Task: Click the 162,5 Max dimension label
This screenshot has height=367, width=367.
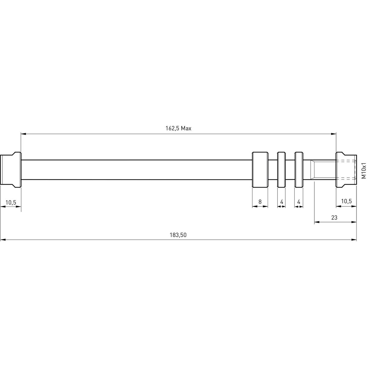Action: [178, 128]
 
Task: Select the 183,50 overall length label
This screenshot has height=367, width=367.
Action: [178, 235]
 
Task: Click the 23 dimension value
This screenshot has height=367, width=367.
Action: [334, 217]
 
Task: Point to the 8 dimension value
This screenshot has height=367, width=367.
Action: [260, 202]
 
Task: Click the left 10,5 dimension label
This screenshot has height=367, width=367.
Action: [11, 202]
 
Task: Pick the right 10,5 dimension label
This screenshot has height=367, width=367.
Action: [346, 201]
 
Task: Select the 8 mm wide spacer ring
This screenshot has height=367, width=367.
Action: [260, 169]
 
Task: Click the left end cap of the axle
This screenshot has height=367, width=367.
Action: [11, 170]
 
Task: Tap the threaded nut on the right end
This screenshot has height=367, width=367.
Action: [346, 169]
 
